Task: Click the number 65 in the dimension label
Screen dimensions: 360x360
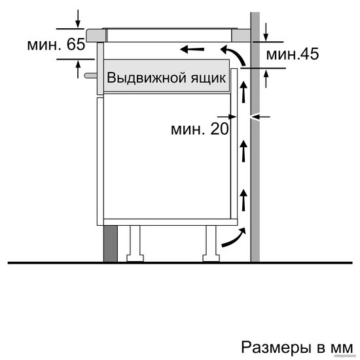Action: point(76,44)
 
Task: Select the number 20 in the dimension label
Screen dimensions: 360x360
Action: point(219,128)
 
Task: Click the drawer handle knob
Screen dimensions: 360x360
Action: point(91,75)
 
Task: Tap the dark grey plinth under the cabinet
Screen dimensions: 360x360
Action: point(111,243)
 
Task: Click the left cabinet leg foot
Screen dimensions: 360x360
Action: point(135,258)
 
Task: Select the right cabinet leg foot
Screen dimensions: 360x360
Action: point(211,258)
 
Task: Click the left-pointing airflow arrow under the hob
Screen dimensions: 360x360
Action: point(192,49)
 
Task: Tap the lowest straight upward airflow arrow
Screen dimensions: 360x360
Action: point(243,200)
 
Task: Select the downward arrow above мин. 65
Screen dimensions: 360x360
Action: point(78,18)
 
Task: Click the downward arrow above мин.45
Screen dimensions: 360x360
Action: point(266,31)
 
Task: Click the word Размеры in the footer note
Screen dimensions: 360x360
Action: point(276,347)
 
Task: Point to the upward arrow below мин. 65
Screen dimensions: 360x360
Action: point(78,69)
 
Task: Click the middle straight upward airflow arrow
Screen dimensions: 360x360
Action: point(243,152)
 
